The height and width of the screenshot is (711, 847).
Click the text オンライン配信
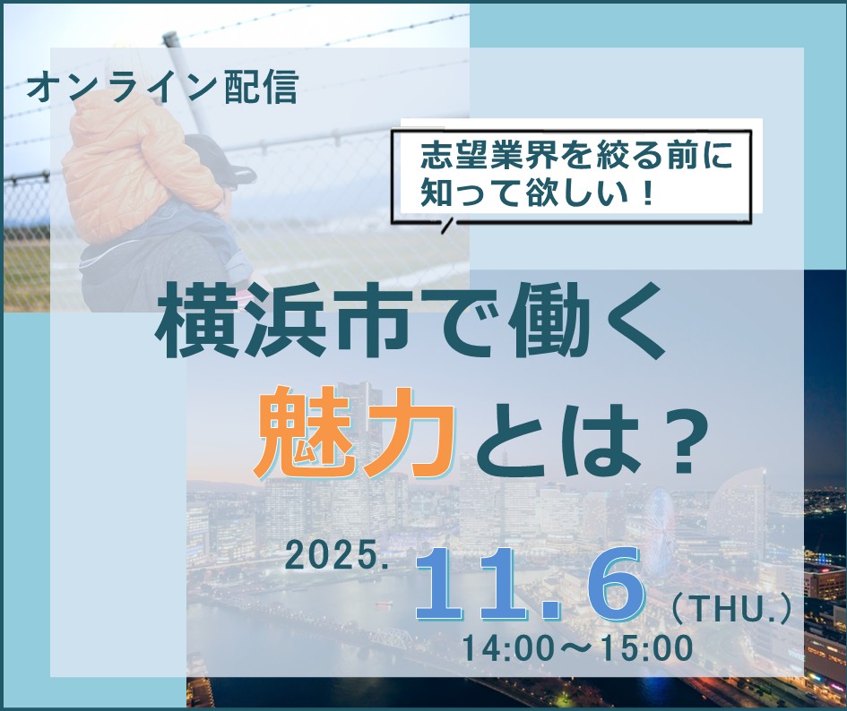tap(162, 87)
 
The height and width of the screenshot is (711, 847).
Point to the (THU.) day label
tap(731, 612)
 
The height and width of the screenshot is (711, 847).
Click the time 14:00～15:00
tap(577, 647)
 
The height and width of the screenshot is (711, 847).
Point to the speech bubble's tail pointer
tap(446, 224)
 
